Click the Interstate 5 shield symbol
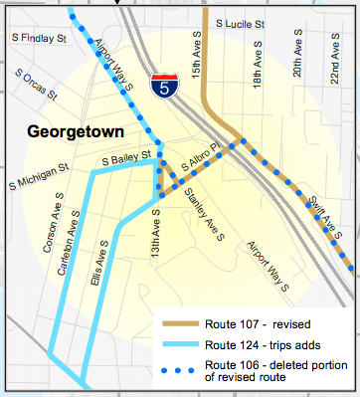pyautogui.click(x=161, y=86)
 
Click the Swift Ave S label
pyautogui.click(x=323, y=213)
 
